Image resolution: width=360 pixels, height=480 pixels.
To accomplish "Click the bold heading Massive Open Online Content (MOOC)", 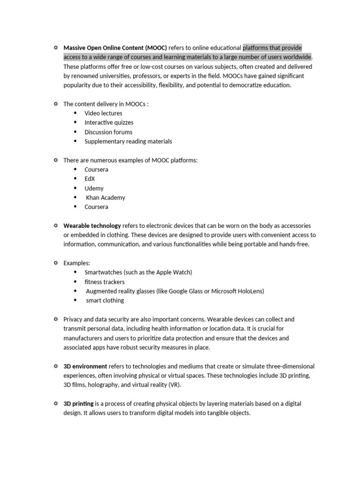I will point(115,48).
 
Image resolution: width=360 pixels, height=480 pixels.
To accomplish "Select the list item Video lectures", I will point(103,113).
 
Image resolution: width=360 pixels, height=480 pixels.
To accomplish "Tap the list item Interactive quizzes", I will point(109,122).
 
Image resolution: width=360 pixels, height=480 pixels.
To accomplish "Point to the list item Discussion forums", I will point(108,132).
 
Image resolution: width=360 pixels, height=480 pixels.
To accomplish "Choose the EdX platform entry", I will point(90,179).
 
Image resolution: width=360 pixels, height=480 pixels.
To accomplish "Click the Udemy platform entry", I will point(94,188).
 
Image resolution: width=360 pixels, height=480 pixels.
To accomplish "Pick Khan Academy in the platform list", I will point(105,197).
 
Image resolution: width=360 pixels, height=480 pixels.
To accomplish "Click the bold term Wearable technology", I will point(92,225).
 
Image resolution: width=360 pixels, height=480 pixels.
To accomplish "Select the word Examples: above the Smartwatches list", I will point(77,263).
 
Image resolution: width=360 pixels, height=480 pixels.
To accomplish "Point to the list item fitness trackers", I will point(105,282).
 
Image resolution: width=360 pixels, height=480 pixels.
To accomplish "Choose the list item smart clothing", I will point(105,300).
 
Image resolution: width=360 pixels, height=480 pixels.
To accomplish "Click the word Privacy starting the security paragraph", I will point(73,319).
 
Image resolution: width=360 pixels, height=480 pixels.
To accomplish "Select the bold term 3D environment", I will point(85,366).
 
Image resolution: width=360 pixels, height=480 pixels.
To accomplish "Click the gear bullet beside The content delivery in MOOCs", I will point(55,104).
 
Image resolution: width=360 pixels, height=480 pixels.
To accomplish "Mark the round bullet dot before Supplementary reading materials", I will point(75,141).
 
